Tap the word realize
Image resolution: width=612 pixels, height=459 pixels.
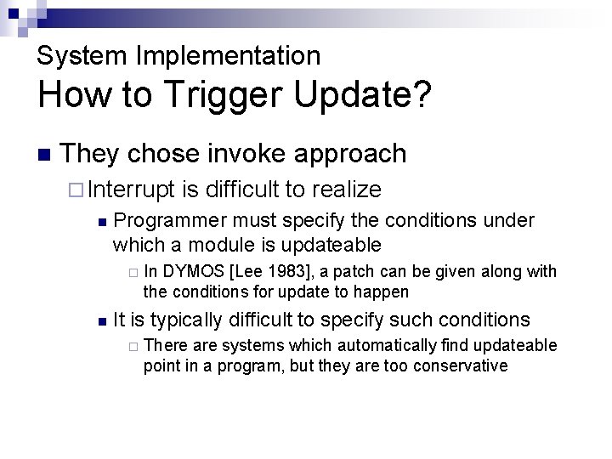(347, 189)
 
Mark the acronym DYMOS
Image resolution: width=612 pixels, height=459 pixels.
(191, 272)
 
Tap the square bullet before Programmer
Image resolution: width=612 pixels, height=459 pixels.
(101, 222)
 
